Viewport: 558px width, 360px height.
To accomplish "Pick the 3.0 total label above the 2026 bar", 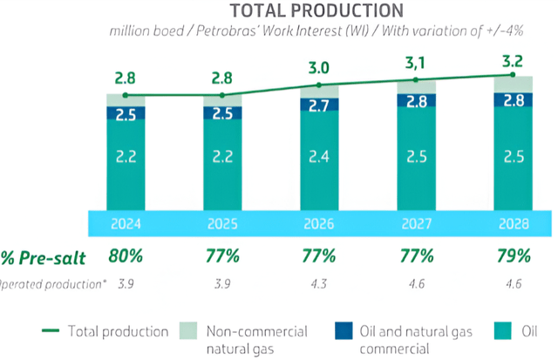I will click(318, 67).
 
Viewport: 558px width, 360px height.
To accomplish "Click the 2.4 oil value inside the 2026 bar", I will click(318, 159).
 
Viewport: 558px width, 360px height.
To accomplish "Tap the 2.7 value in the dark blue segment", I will click(318, 105).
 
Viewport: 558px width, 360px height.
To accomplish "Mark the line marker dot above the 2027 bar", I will click(415, 80).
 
